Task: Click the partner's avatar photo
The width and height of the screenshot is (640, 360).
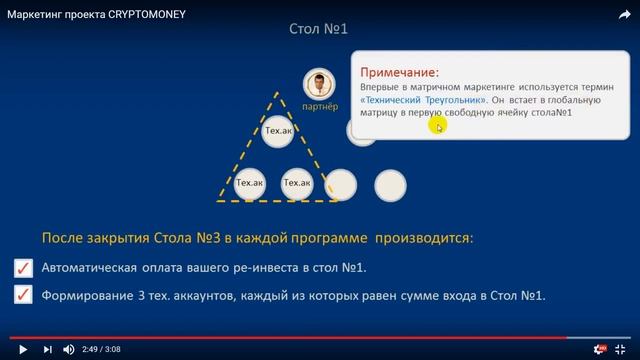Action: click(x=319, y=85)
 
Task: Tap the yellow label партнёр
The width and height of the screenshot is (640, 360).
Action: click(x=319, y=106)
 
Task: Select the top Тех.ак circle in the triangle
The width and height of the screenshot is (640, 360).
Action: click(x=278, y=131)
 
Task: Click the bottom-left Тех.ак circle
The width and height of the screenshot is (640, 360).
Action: click(x=249, y=183)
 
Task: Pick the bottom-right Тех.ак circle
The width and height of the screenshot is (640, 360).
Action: click(x=298, y=183)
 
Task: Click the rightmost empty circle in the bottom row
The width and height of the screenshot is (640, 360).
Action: click(x=390, y=183)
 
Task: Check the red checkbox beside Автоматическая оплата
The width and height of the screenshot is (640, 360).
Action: click(x=23, y=268)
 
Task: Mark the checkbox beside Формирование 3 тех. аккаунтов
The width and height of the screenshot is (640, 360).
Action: click(x=23, y=296)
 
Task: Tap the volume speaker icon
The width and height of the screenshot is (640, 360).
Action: click(x=69, y=349)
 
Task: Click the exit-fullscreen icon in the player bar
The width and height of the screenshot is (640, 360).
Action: click(x=624, y=348)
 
